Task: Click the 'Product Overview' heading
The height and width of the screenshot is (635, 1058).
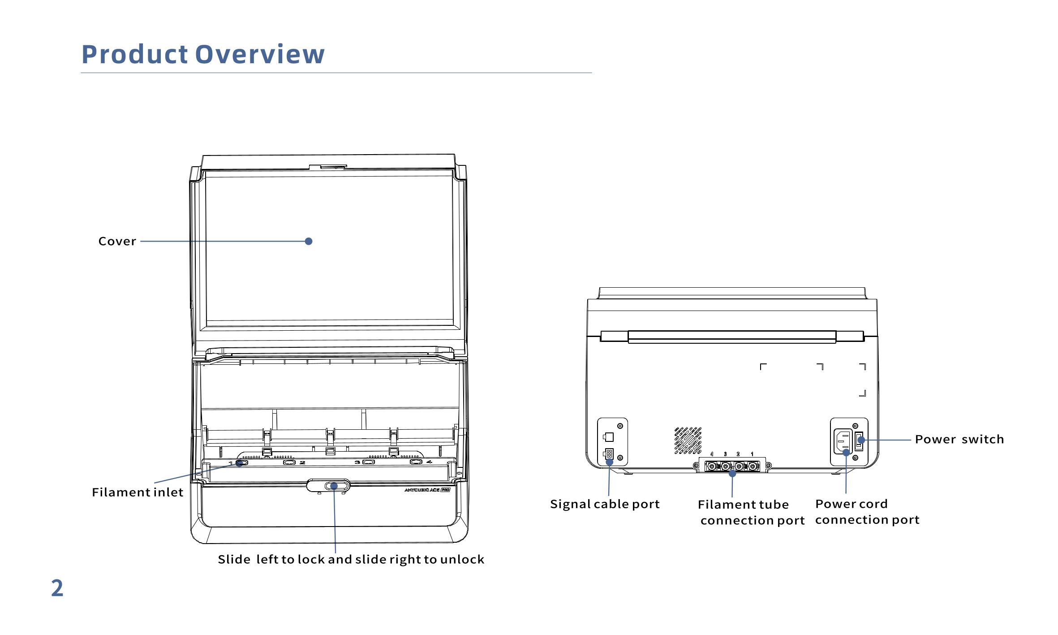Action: click(203, 54)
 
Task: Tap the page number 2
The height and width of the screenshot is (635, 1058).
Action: click(57, 588)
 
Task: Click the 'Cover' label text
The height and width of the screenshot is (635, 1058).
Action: click(117, 241)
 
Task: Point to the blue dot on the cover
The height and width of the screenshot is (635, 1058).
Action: click(308, 241)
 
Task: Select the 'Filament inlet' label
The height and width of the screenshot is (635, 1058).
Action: click(138, 492)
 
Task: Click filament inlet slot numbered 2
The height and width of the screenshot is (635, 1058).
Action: click(289, 462)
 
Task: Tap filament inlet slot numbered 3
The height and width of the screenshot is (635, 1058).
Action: click(369, 462)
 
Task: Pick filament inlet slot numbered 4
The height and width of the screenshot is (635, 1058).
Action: click(416, 462)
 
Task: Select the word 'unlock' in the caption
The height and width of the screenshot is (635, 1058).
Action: click(462, 559)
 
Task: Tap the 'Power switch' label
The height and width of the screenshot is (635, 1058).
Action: click(959, 439)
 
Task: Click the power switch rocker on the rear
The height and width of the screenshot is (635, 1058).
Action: click(860, 441)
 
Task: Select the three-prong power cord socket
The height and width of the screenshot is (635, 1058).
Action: click(843, 441)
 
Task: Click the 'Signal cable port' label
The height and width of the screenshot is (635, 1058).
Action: click(605, 504)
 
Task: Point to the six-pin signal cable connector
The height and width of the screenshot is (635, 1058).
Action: click(609, 454)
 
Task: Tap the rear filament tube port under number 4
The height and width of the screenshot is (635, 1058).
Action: click(712, 467)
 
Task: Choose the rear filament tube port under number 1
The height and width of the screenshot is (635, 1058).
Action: click(753, 467)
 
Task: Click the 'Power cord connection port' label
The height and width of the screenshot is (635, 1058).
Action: click(867, 512)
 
